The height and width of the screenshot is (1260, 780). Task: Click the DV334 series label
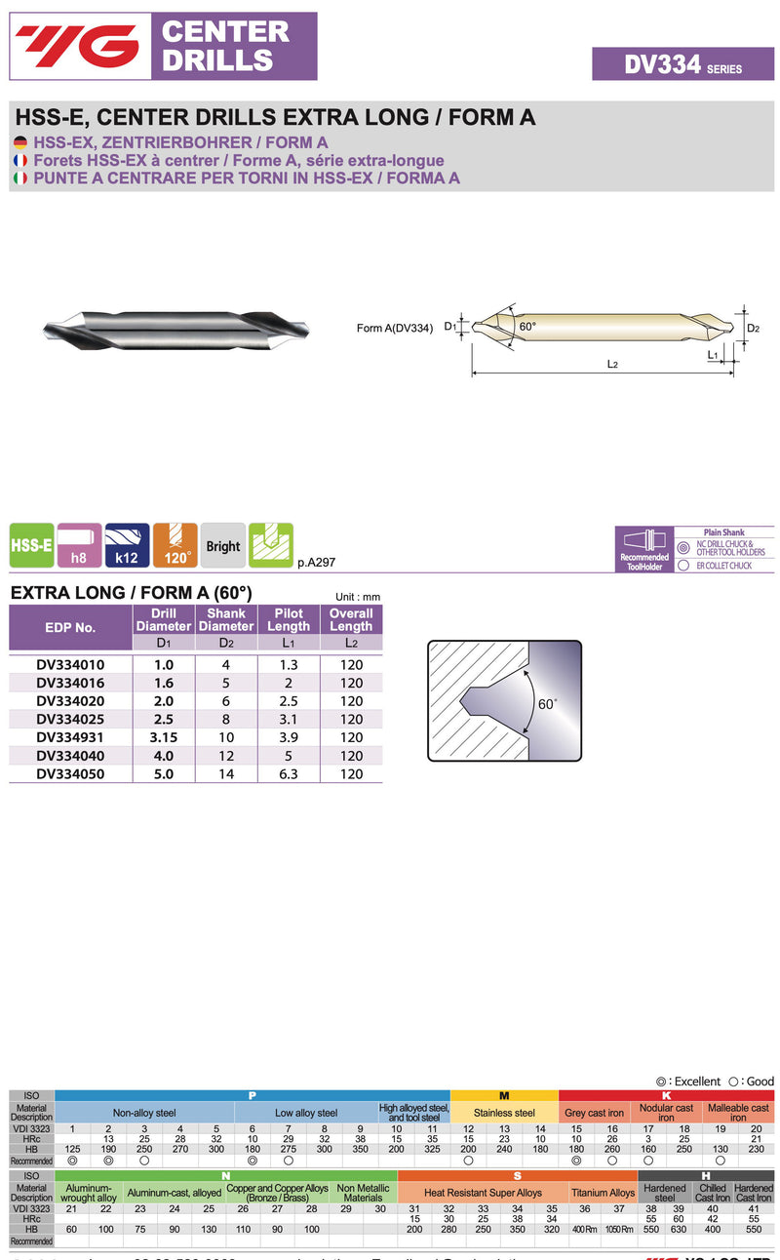click(682, 64)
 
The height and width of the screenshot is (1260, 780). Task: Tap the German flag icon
click(19, 142)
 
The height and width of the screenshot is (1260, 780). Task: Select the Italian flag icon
click(19, 177)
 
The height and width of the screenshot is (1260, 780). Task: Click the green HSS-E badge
click(31, 546)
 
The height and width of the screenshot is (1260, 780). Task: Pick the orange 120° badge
click(175, 546)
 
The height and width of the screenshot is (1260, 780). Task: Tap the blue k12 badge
click(127, 546)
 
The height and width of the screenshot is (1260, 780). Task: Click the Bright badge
click(222, 546)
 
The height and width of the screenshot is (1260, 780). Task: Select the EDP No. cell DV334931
click(70, 737)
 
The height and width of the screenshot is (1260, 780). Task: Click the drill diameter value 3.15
click(163, 737)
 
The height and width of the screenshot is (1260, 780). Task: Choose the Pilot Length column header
click(289, 619)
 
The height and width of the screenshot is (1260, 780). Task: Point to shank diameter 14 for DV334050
click(226, 773)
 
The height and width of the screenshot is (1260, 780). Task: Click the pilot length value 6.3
click(289, 773)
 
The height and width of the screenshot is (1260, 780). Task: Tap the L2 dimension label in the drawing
click(613, 365)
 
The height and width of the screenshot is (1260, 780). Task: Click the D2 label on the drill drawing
click(753, 329)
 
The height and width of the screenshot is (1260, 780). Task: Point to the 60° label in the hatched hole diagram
click(548, 703)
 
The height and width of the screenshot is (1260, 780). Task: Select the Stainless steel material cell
click(504, 1113)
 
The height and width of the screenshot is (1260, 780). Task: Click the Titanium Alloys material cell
click(603, 1193)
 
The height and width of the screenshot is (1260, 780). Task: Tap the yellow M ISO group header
click(504, 1095)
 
